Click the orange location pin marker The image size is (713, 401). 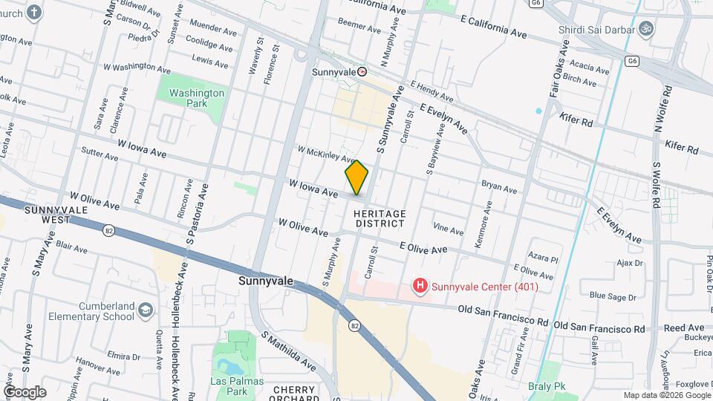pyautogui.click(x=356, y=177)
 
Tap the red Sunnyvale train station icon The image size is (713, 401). pyautogui.click(x=362, y=72)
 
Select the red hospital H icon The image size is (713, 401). pyautogui.click(x=420, y=286)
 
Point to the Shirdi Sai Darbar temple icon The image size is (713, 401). pyautogui.click(x=646, y=30)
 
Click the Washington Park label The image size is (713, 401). pyautogui.click(x=196, y=98)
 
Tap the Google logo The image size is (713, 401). pyautogui.click(x=24, y=391)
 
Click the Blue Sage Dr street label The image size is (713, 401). pyautogui.click(x=613, y=296)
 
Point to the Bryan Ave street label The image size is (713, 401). pyautogui.click(x=499, y=186)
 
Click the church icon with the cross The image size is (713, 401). pyautogui.click(x=34, y=12)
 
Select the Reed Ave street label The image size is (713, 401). pyautogui.click(x=684, y=327)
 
